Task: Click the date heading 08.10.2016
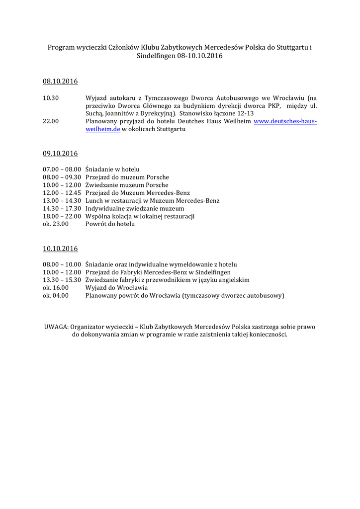click(x=60, y=81)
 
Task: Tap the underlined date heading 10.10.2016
click(x=60, y=248)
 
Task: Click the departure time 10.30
click(x=51, y=98)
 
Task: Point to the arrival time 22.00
click(x=51, y=121)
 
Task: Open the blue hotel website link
click(x=285, y=121)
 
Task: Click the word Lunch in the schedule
click(x=94, y=200)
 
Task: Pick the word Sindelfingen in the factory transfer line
click(x=209, y=272)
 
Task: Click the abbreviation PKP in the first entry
click(x=274, y=105)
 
